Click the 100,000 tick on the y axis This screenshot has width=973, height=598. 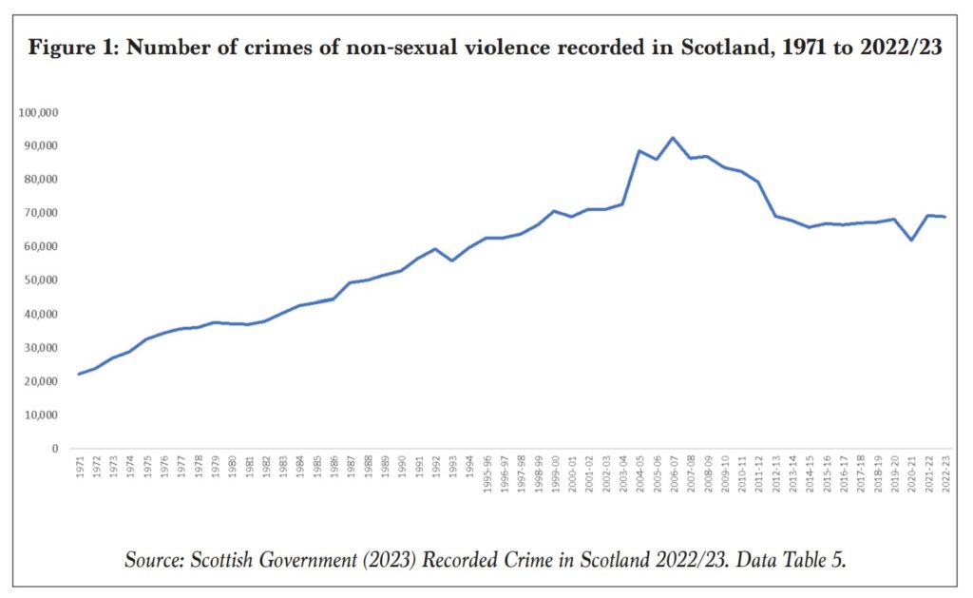(x=37, y=112)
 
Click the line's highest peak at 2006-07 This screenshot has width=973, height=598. (x=673, y=138)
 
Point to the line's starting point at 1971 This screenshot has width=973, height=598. (x=79, y=374)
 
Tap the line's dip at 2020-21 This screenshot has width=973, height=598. (x=911, y=240)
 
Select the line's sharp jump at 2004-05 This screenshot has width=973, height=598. (x=639, y=151)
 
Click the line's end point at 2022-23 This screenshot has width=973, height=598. (x=944, y=217)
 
